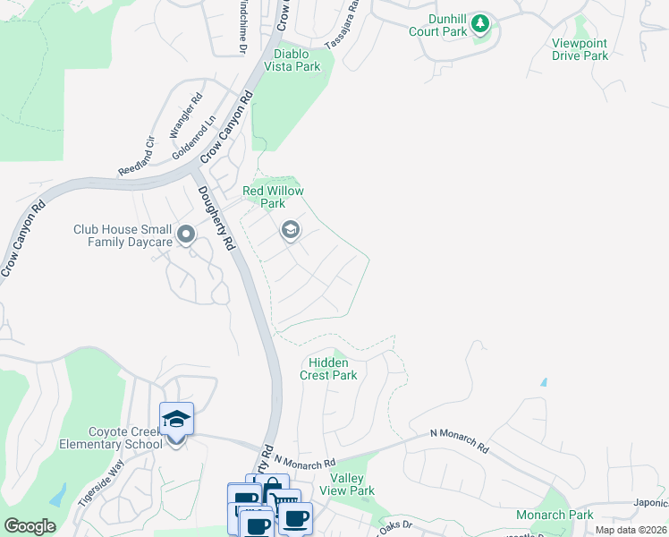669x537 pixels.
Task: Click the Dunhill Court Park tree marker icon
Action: pyautogui.click(x=481, y=23)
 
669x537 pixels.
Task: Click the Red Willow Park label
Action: pyautogui.click(x=274, y=197)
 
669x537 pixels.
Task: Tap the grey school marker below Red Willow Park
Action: pyautogui.click(x=290, y=231)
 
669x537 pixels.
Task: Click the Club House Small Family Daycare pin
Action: pyautogui.click(x=186, y=235)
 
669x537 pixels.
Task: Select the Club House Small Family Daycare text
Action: pyautogui.click(x=123, y=235)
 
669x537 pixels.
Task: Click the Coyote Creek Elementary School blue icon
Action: pyautogui.click(x=176, y=419)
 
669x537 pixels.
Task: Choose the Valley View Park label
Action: pyautogui.click(x=347, y=484)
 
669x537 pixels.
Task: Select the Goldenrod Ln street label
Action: pyautogui.click(x=194, y=137)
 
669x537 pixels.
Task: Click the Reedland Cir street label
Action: pyautogui.click(x=137, y=156)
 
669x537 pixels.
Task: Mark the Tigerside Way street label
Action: pyautogui.click(x=99, y=482)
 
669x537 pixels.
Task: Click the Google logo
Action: pyautogui.click(x=30, y=526)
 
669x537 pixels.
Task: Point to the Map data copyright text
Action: pyautogui.click(x=631, y=530)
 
